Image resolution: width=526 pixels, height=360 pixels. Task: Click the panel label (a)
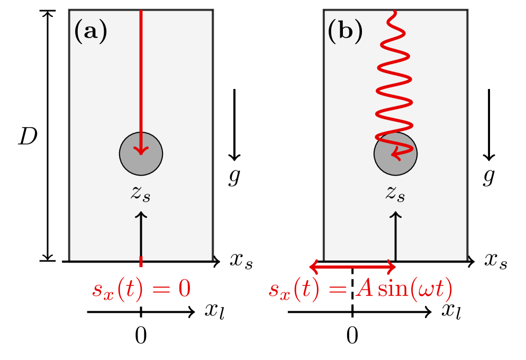coord(90,32)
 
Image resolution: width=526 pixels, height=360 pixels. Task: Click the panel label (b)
coord(345,32)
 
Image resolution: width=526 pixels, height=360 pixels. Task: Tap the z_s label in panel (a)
coord(141,193)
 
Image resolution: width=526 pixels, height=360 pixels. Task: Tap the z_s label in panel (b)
coord(395,193)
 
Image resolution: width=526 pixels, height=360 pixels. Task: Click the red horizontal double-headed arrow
coord(353,266)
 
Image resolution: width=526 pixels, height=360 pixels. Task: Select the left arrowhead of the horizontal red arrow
coord(313,266)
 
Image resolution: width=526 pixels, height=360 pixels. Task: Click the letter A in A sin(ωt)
coord(353,290)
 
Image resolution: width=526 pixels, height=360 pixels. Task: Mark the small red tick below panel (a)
coord(141,262)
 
